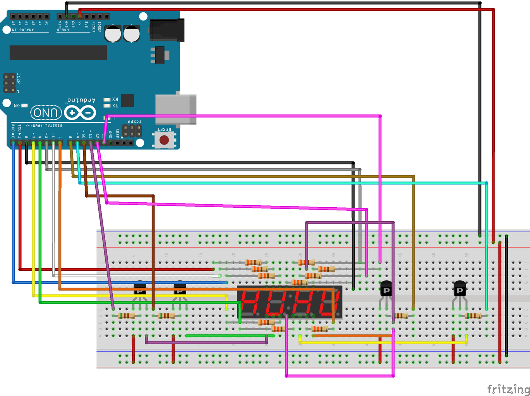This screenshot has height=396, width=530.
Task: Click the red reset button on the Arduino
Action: tap(164, 140)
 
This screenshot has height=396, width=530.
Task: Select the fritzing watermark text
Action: tap(508, 389)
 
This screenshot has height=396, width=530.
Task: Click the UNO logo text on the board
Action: tap(46, 113)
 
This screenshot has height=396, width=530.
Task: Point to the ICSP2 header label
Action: tap(134, 121)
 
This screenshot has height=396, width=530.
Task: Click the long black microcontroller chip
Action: tap(58, 53)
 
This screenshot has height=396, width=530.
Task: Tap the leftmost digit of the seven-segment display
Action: tap(250, 303)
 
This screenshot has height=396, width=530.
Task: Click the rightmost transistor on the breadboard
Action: tap(460, 290)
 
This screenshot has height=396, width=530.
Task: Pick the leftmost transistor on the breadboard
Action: tap(140, 289)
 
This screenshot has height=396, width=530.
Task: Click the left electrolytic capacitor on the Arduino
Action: tap(113, 34)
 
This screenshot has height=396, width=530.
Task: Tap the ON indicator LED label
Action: tap(17, 106)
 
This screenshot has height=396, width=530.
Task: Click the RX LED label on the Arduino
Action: tap(115, 99)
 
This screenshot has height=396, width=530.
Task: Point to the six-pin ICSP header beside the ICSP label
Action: tap(9, 83)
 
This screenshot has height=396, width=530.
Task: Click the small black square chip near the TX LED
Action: tap(127, 101)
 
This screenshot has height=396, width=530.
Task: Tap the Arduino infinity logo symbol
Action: tap(80, 113)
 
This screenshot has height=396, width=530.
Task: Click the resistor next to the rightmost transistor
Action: tap(473, 316)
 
